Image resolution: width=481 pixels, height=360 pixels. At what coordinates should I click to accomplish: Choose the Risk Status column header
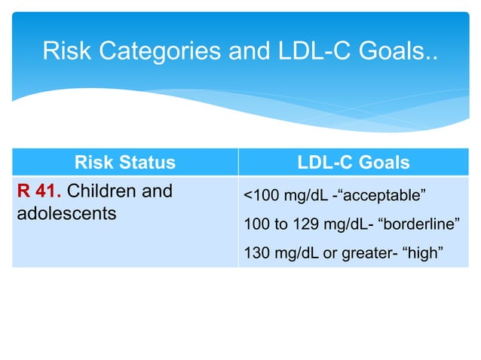tap(124, 162)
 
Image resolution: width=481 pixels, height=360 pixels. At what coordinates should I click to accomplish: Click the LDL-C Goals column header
tap(354, 162)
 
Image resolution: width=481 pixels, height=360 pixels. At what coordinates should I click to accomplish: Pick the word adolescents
tap(66, 213)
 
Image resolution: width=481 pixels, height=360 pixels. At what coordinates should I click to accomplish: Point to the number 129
tap(291, 225)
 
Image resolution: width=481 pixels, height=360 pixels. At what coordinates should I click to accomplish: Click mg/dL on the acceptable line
tap(299, 197)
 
